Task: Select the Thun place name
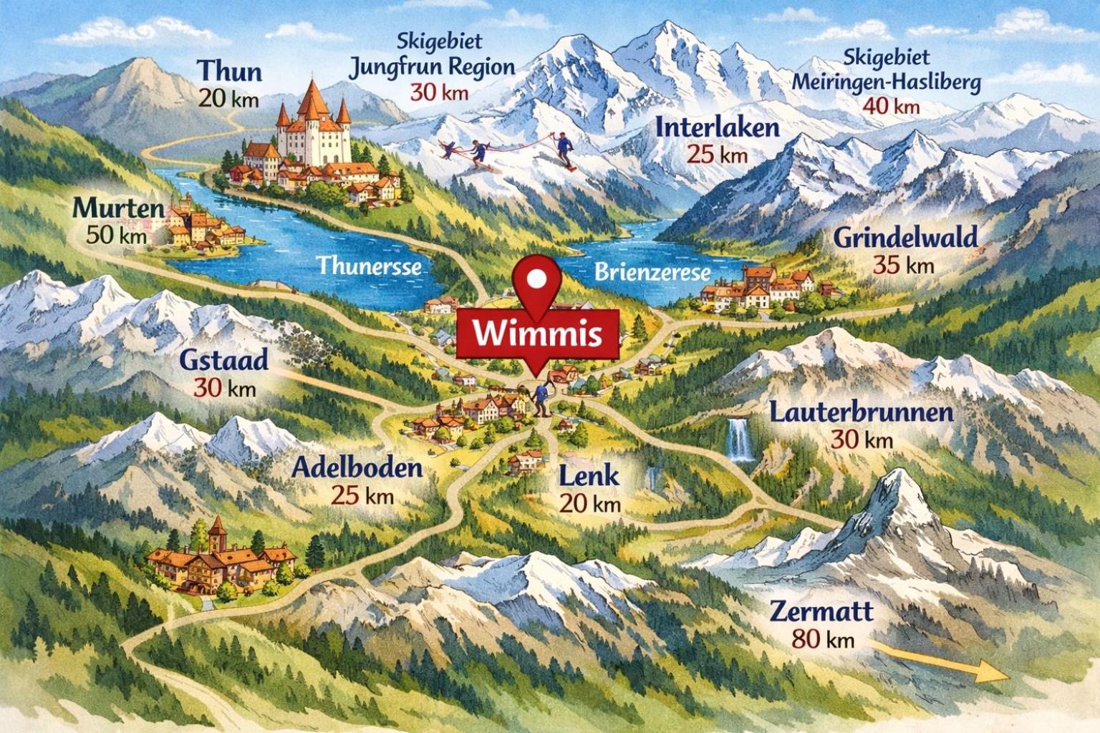coord(229,71)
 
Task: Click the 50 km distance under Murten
coord(116,236)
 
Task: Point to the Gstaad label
coord(223,359)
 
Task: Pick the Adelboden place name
coord(357,468)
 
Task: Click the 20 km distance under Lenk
coord(589,503)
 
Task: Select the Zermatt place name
coord(821,611)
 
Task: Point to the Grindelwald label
coord(905,238)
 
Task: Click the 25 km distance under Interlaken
coord(717,155)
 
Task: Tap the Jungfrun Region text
coord(431,67)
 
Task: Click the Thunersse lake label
coord(370,266)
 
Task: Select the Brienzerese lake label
coord(652,272)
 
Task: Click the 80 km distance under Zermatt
coord(823,639)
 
